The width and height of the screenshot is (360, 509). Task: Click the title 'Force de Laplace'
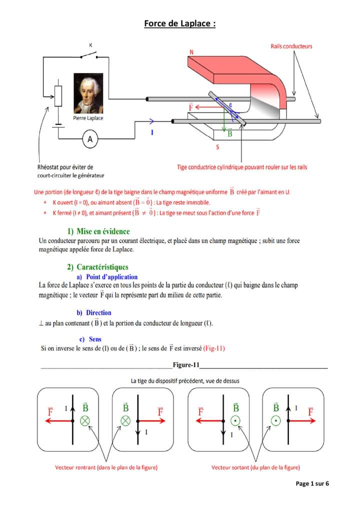pos(179,23)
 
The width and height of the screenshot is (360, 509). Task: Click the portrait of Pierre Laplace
pos(88,93)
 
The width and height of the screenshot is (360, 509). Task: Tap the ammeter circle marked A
pos(90,140)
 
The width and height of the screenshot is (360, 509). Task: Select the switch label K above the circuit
pos(90,45)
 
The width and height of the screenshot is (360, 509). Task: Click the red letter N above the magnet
pos(191,51)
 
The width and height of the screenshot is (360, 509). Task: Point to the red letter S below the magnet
pos(217,147)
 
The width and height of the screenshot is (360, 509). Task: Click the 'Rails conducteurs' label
pos(291,46)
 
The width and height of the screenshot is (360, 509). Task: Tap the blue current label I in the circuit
pos(152,133)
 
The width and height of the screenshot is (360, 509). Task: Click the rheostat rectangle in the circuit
pos(58,95)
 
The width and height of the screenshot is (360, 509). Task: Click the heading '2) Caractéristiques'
pos(97,267)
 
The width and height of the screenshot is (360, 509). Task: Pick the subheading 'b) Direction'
pos(94,312)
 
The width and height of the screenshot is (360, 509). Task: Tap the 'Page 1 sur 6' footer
pos(312,483)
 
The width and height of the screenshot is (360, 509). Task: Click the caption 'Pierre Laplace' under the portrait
pos(88,118)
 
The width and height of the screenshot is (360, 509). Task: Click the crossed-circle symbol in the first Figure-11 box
pos(85,420)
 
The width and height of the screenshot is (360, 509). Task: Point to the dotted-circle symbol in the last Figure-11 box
pos(275,420)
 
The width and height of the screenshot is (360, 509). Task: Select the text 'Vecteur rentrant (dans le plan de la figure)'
pos(106,467)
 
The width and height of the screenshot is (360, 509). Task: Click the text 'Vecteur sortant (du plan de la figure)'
pos(255,467)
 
